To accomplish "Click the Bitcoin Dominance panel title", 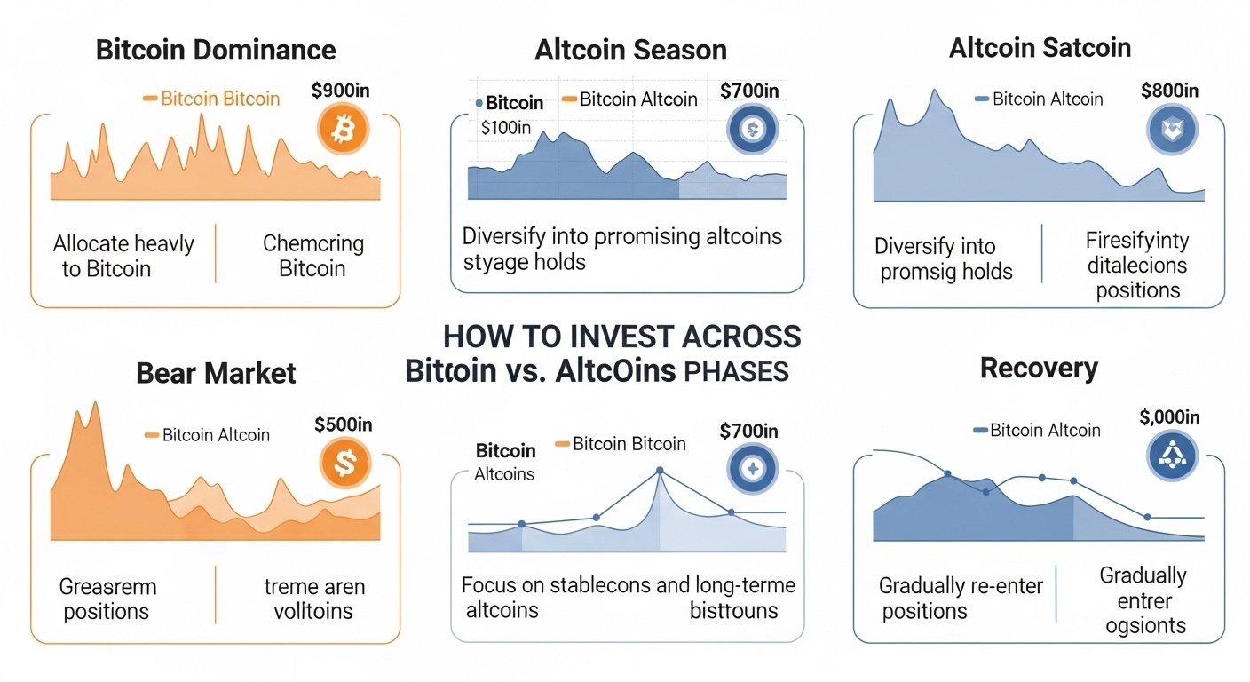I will [216, 49].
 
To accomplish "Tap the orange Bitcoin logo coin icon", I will [342, 130].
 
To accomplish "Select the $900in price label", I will [343, 91].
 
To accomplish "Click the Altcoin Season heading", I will [631, 50].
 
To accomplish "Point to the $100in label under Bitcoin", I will [505, 127].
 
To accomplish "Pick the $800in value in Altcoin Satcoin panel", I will [1168, 91].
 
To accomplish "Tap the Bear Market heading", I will [216, 373].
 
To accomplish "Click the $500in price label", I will [344, 424].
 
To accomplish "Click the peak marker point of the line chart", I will [660, 471].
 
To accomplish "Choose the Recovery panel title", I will [1039, 369].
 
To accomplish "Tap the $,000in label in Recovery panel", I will [1168, 417].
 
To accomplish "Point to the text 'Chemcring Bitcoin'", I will [312, 256].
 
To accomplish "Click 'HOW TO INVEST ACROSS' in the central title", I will [621, 337].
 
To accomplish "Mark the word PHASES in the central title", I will [736, 371].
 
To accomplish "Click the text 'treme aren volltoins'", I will [313, 599].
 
